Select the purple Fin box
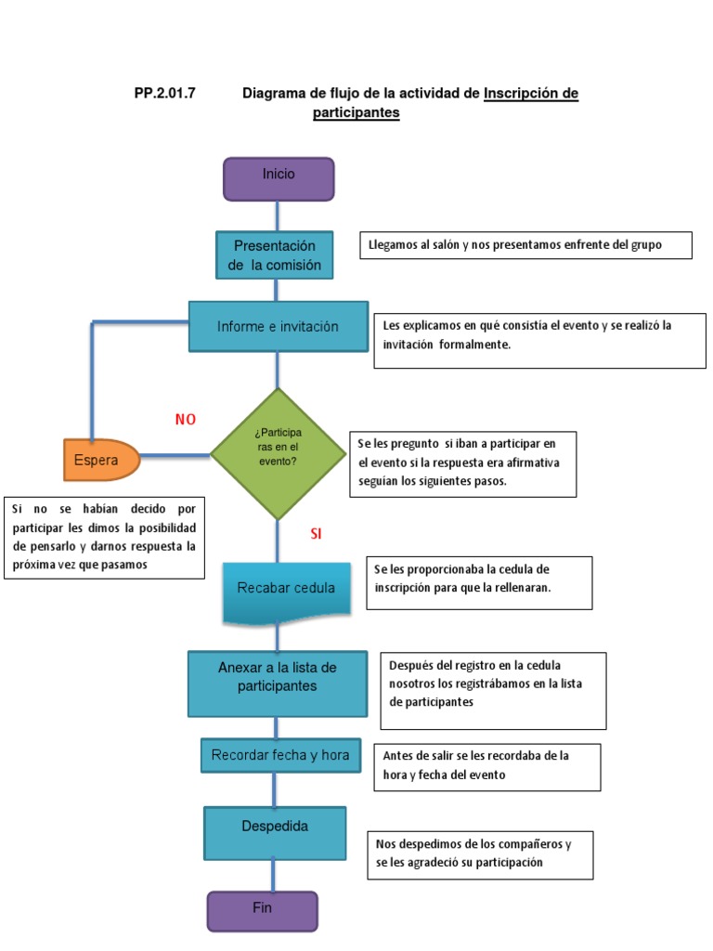(x=262, y=910)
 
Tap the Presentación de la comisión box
(x=275, y=255)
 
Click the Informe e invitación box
(x=277, y=326)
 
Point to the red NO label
(x=186, y=420)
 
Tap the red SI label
(x=316, y=534)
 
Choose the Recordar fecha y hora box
(x=280, y=755)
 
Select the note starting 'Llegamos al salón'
(x=525, y=245)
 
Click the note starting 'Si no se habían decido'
(x=104, y=538)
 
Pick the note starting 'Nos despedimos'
(x=480, y=854)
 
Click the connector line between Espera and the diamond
(x=175, y=455)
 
